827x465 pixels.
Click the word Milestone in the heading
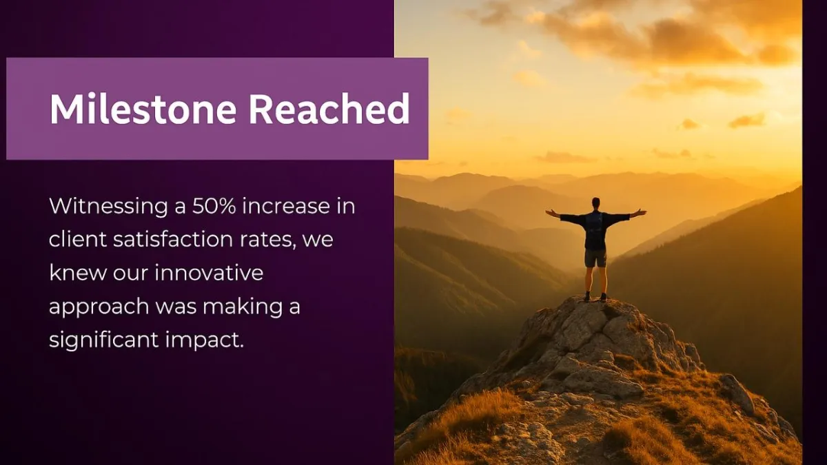tap(143, 109)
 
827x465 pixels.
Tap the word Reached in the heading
tap(329, 109)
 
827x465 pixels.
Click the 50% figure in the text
tap(214, 206)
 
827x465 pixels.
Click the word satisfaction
tap(173, 239)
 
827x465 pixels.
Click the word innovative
tap(209, 273)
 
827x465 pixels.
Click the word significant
tap(104, 340)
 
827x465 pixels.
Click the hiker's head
tap(595, 204)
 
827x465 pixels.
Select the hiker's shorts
tap(595, 258)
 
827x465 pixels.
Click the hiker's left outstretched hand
tap(550, 213)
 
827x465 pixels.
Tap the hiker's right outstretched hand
tap(642, 213)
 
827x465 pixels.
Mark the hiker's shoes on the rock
tap(595, 297)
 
